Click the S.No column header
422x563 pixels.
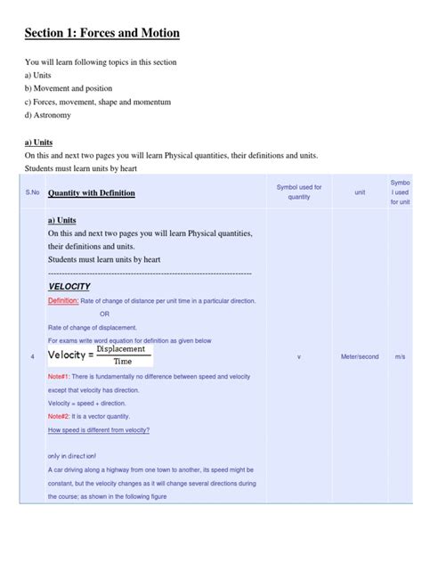[33, 192]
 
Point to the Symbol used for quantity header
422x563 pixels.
[299, 192]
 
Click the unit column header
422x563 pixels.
[360, 192]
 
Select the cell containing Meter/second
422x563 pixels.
[360, 356]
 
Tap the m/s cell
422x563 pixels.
[401, 356]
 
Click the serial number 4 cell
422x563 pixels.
[33, 356]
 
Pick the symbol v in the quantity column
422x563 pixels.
[299, 356]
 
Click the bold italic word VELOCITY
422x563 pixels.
[69, 286]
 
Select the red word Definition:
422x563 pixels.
[63, 301]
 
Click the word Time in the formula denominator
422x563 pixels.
[124, 362]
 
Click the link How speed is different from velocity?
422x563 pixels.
[99, 430]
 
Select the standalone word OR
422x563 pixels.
[104, 314]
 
